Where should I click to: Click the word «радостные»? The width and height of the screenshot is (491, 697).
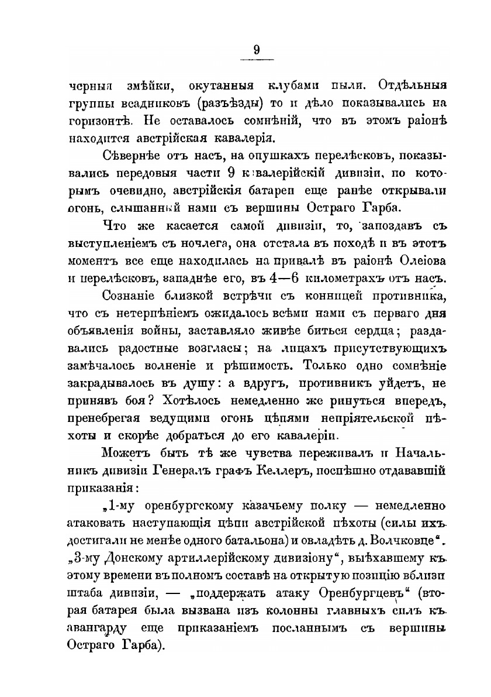[152, 349]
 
